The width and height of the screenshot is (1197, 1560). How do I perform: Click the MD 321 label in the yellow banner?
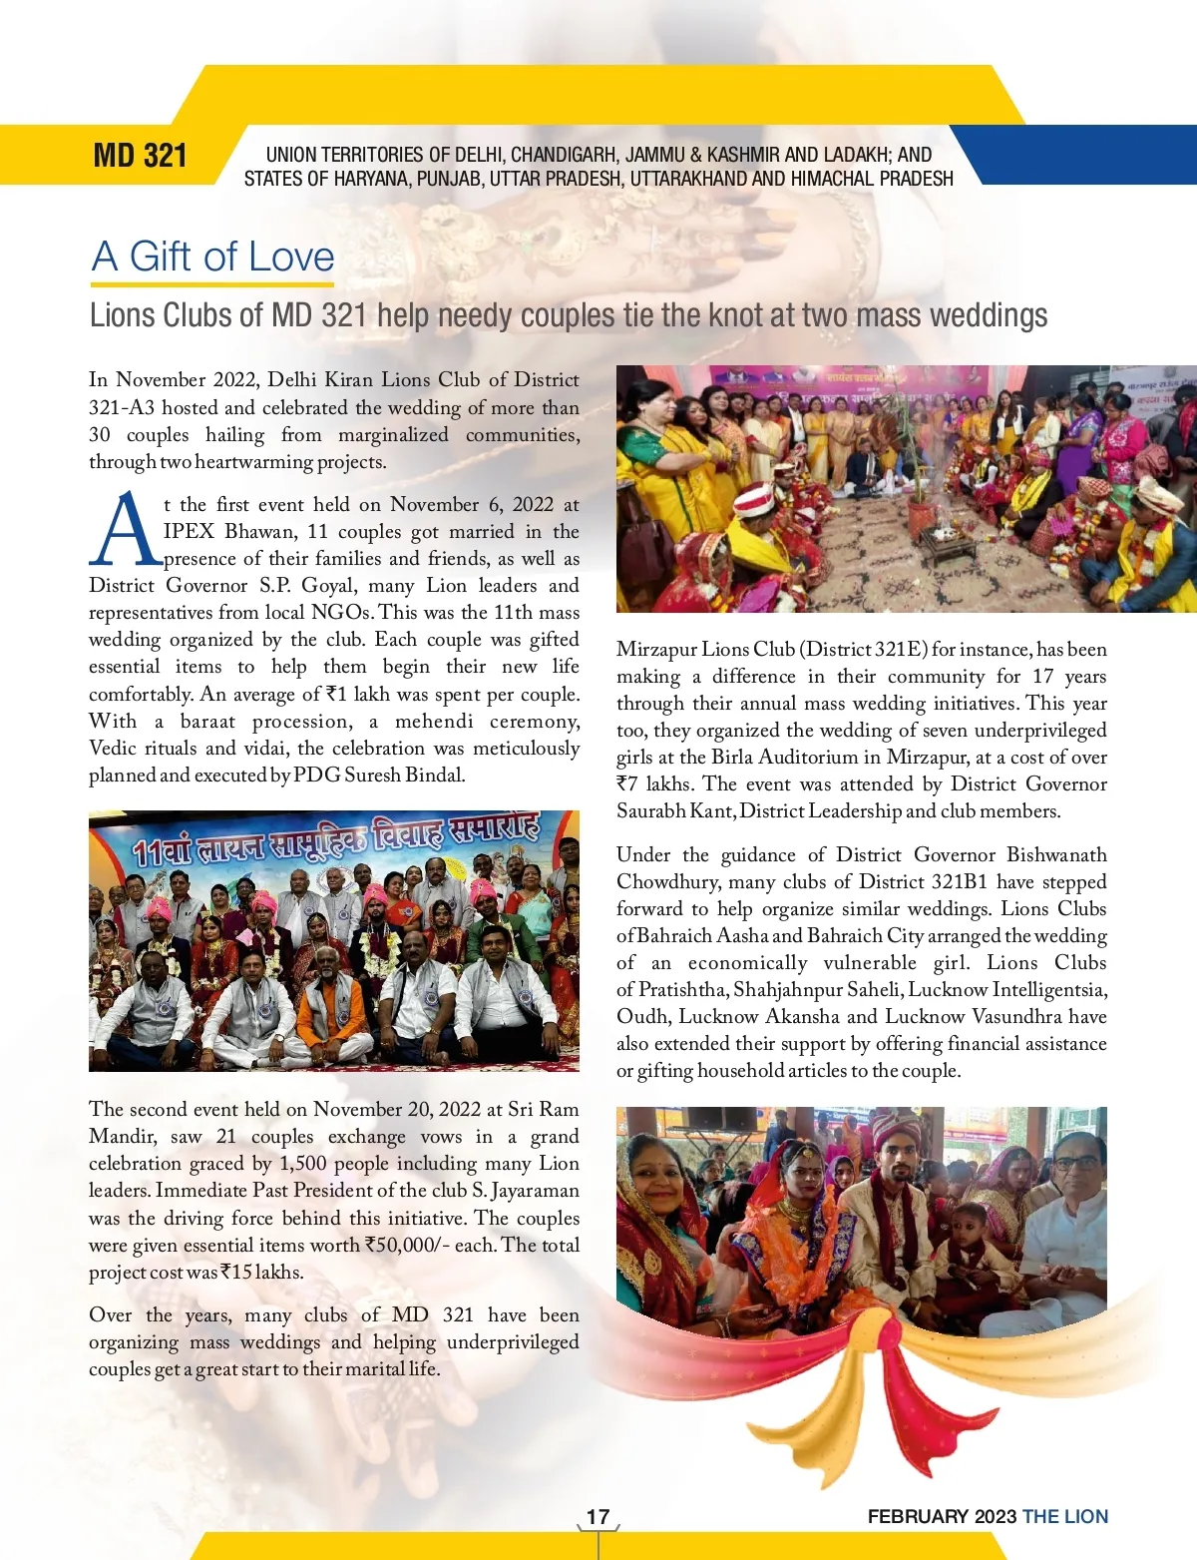(140, 156)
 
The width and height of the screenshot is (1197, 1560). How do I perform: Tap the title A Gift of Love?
(213, 257)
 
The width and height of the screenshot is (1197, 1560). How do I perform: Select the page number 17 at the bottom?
(598, 1516)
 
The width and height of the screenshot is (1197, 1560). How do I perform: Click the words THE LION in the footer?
(1065, 1516)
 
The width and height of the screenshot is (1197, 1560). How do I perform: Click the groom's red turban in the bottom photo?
(896, 1130)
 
